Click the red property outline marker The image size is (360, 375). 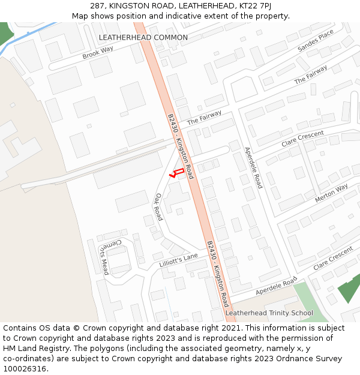click(x=176, y=173)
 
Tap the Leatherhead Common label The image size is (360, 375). click(x=143, y=37)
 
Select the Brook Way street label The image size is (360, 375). click(x=98, y=53)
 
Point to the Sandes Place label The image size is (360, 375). click(x=315, y=41)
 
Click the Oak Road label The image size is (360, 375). click(x=158, y=207)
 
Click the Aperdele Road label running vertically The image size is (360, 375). click(x=253, y=168)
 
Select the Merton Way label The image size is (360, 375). click(x=331, y=193)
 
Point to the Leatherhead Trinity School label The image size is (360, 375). click(x=269, y=313)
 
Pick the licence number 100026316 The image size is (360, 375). click(x=26, y=369)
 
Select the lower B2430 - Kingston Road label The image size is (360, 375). click(x=217, y=274)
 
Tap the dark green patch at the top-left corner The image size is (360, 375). click(x=5, y=33)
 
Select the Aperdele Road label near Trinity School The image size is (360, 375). click(x=276, y=287)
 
